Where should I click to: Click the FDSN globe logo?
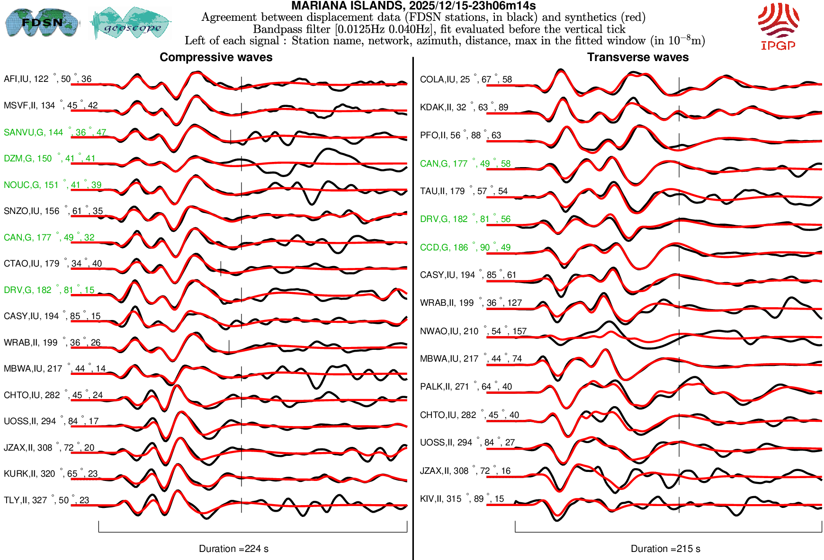(x=42, y=23)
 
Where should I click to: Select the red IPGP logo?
(x=778, y=26)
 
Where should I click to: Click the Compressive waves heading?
(x=216, y=57)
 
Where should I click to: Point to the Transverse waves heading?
(x=637, y=57)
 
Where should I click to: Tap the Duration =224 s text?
(x=233, y=549)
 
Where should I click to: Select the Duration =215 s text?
(x=665, y=549)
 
